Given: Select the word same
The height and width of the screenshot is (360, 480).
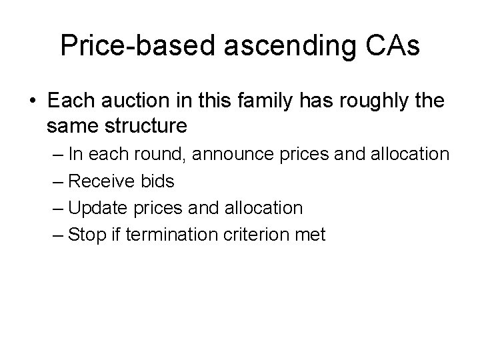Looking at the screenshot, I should click(x=69, y=125).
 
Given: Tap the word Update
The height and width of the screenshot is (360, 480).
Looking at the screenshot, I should click(x=94, y=208).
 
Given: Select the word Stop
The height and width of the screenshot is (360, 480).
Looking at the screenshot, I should click(x=83, y=235).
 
